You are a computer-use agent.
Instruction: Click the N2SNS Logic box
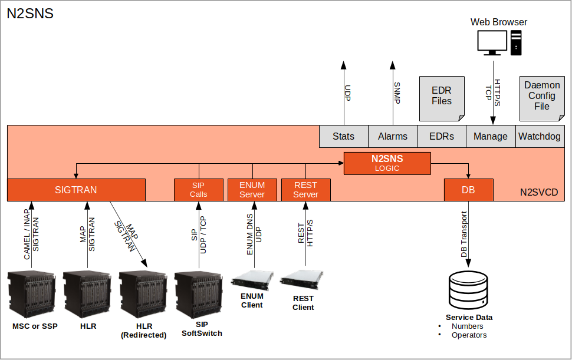point(387,163)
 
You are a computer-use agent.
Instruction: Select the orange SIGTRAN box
point(76,190)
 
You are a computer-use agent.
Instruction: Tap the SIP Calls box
point(199,190)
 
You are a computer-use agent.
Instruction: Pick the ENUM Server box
point(252,190)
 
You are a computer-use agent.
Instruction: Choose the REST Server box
point(305,190)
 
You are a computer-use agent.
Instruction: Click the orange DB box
point(468,190)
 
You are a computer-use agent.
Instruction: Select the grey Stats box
point(343,136)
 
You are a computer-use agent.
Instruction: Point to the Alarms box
point(393,136)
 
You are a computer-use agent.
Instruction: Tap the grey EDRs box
point(442,136)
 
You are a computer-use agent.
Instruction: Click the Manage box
point(491,136)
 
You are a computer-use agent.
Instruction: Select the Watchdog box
point(540,136)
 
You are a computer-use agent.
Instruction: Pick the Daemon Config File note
point(541,97)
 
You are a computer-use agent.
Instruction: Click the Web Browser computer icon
point(499,43)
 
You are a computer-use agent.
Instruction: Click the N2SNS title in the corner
point(30,14)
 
